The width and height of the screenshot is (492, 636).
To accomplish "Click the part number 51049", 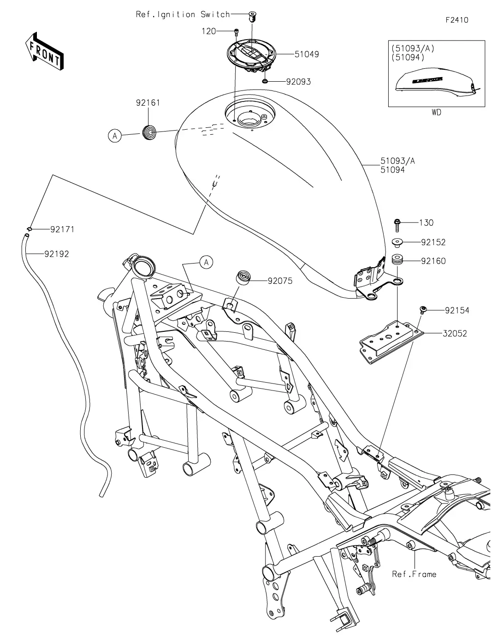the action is click(307, 54).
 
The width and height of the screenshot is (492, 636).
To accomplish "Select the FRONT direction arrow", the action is click(44, 51).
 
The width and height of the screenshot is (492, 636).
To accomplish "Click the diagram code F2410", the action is click(457, 20).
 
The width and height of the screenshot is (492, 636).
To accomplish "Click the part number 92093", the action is click(298, 82).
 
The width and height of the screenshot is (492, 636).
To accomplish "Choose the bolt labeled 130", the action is click(397, 225).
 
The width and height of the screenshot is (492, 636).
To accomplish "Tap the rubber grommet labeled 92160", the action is click(397, 260).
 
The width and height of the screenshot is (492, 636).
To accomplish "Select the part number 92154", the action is click(457, 310).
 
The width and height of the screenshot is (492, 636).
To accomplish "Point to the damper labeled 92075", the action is click(243, 277).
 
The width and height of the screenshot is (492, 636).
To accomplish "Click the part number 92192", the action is click(57, 254).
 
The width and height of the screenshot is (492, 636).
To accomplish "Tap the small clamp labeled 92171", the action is click(29, 228).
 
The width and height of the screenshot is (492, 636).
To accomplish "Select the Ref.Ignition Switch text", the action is click(183, 14).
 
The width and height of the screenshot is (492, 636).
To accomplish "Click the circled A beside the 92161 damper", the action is click(115, 136).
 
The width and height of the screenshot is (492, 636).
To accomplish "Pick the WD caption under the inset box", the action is click(437, 113).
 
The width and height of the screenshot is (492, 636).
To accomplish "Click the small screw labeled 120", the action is click(236, 32).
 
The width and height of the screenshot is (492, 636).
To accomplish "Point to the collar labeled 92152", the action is click(397, 242).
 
